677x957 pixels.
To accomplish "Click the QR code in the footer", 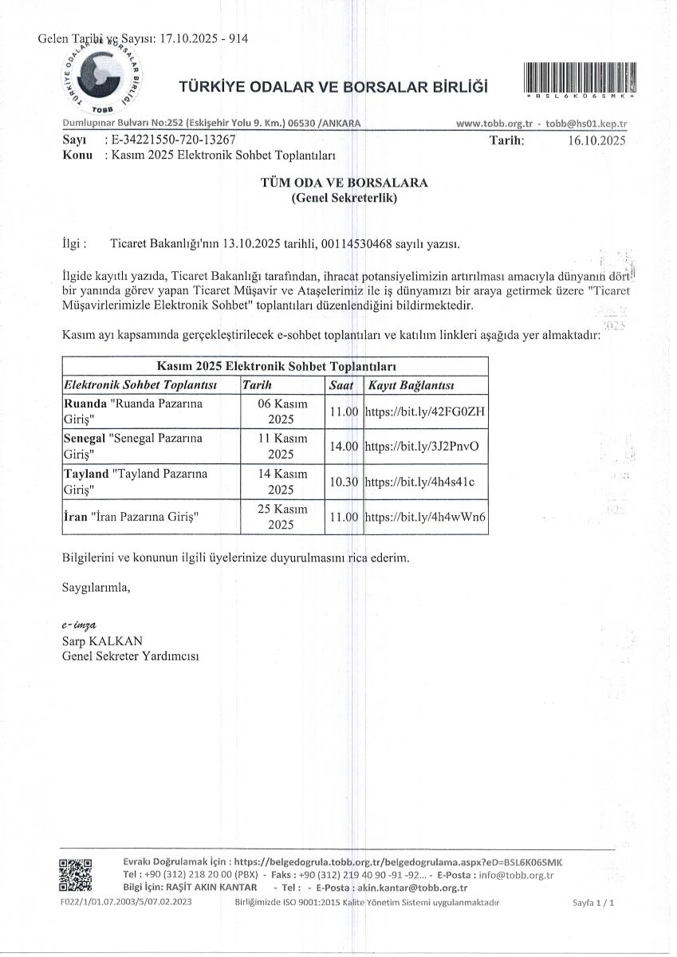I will coord(76,875).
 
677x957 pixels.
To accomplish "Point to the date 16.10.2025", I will coord(597,140).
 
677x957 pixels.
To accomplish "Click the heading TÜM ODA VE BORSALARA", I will coord(344,183).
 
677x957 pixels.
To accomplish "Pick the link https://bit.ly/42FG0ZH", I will coord(425,412).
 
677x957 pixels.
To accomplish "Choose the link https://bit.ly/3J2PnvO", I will coord(421,447).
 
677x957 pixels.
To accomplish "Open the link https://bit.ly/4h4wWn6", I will coord(425,517).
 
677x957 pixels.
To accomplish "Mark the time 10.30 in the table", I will coord(344,482).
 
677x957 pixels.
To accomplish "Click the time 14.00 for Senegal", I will coord(344,447).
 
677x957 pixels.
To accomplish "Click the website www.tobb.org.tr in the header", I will coord(494,124).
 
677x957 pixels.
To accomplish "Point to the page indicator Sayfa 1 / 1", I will coord(594,903).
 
